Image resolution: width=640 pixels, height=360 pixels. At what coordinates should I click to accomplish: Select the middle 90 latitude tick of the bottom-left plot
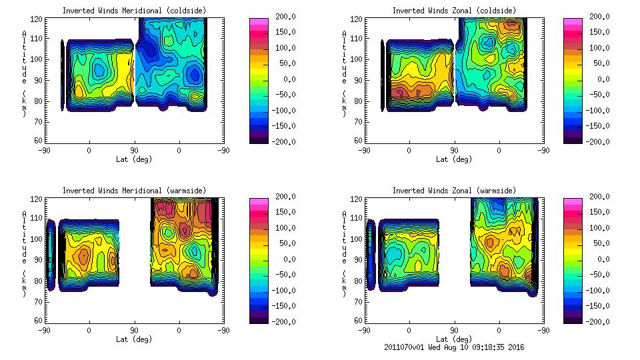134,330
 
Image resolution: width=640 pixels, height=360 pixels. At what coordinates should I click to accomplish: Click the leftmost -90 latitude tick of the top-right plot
364,150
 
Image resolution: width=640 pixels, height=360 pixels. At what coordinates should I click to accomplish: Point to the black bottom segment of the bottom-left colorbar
259,319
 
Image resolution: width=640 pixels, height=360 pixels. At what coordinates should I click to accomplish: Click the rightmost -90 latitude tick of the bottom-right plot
544,330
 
